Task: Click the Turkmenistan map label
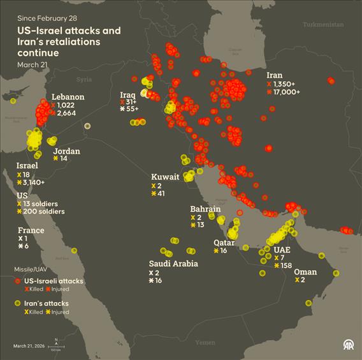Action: (x=323, y=24)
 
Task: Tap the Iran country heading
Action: (x=275, y=75)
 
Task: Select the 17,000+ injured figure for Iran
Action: (x=288, y=92)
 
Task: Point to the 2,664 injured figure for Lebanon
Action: (x=67, y=113)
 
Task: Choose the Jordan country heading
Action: (x=66, y=151)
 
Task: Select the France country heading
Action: (x=31, y=230)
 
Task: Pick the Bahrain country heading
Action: (x=205, y=209)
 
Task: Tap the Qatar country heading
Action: (x=224, y=242)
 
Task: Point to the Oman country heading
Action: (x=305, y=272)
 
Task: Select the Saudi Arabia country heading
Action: (x=173, y=263)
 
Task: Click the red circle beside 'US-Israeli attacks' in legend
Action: (x=18, y=281)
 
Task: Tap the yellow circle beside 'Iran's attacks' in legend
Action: (x=18, y=304)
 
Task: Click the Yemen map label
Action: (x=205, y=343)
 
